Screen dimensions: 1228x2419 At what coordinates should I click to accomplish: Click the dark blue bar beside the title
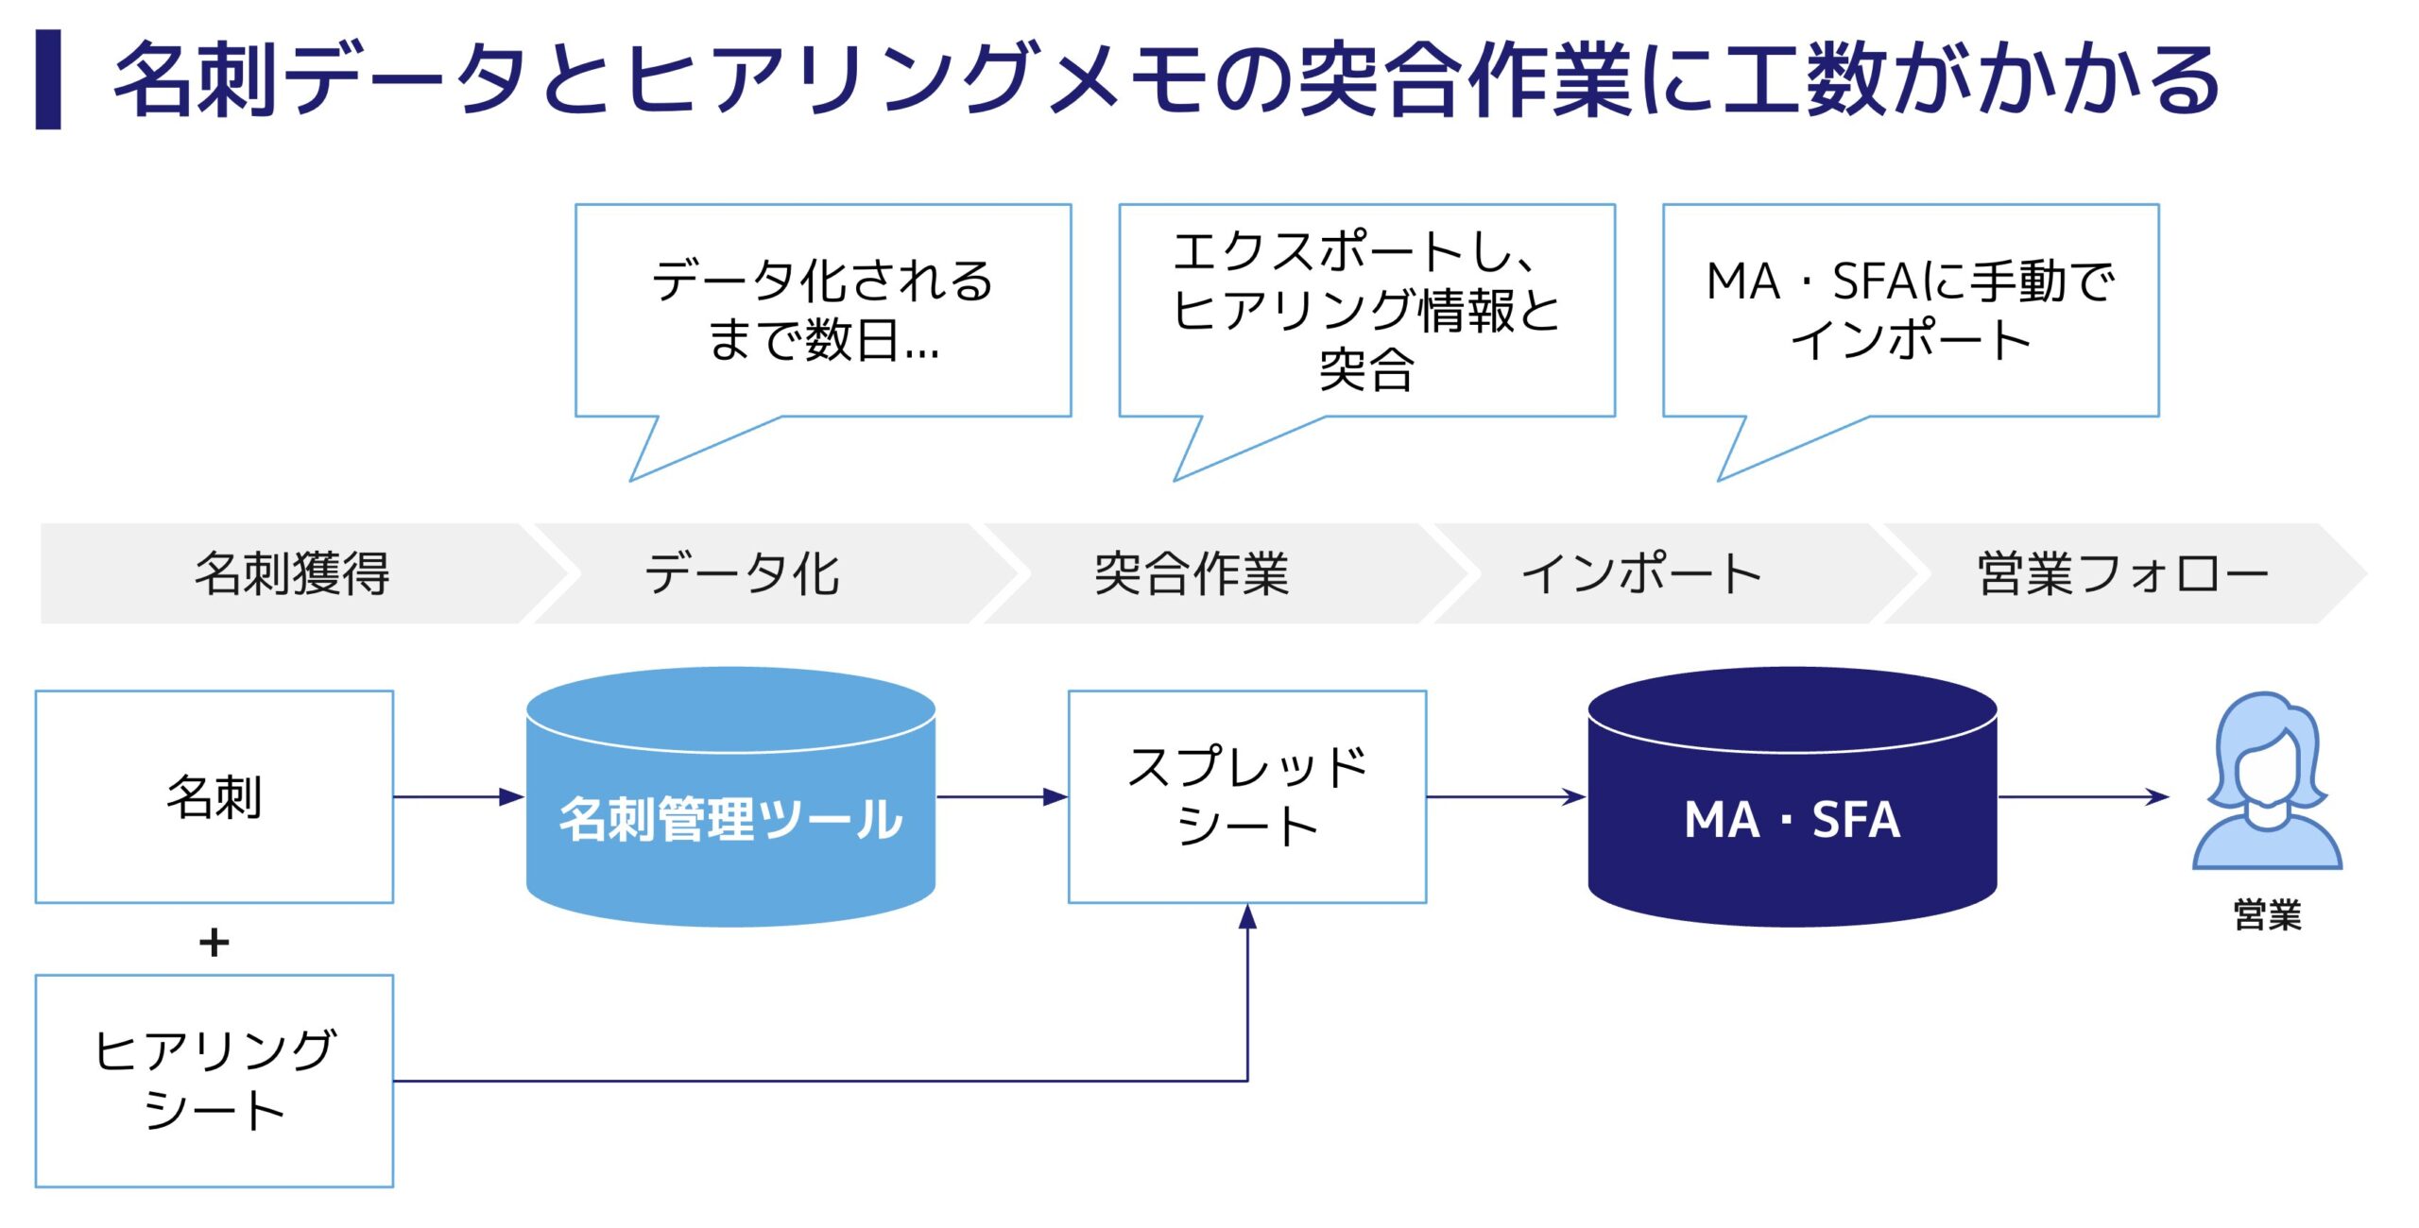coord(48,79)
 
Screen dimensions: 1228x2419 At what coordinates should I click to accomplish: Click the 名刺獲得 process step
coord(292,573)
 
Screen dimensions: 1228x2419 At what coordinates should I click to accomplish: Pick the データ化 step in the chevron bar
coord(743,573)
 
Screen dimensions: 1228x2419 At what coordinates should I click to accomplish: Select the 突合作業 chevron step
coord(1192,573)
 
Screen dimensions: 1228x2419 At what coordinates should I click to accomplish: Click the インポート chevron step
coord(1641,573)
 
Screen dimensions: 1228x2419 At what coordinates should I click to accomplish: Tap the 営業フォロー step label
coord(2121,573)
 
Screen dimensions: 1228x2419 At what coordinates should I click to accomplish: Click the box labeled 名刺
coord(214,796)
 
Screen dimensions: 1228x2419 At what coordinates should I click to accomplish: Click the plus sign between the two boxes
coord(214,942)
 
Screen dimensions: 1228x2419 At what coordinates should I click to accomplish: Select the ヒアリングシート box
coord(214,1081)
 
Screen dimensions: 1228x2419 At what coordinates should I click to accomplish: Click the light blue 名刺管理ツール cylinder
coord(730,818)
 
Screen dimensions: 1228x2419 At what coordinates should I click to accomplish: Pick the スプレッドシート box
coord(1247,796)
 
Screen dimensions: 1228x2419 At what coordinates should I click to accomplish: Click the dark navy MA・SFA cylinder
coord(1793,818)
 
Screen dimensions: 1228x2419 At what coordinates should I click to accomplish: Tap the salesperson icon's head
coord(2267,756)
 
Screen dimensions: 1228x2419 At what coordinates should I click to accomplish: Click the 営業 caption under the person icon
coord(2267,914)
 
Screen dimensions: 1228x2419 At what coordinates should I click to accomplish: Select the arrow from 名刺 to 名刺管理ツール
coord(458,797)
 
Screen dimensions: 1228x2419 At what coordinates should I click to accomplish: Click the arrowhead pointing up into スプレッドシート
coord(1247,915)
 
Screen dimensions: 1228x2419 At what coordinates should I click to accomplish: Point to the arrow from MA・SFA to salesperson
coord(2083,797)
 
